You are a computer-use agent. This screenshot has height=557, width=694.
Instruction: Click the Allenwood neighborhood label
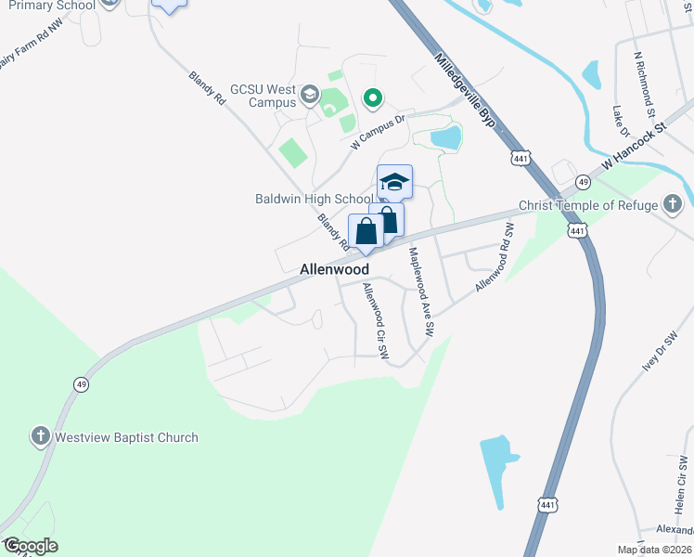[334, 269]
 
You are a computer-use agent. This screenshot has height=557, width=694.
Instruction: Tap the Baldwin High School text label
[314, 199]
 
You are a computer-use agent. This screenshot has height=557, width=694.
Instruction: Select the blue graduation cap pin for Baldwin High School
[394, 183]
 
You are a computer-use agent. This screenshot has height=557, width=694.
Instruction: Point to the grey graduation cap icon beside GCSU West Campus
[310, 95]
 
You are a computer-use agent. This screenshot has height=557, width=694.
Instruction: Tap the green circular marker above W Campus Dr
[373, 97]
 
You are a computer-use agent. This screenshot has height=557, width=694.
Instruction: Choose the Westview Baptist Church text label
[127, 437]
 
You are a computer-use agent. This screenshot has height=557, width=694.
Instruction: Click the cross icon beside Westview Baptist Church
[40, 435]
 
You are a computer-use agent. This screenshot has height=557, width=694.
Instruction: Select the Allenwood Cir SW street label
[376, 321]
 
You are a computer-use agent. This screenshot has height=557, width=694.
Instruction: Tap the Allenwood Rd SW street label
[495, 257]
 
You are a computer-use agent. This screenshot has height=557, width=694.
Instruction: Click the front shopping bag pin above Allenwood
[366, 233]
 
